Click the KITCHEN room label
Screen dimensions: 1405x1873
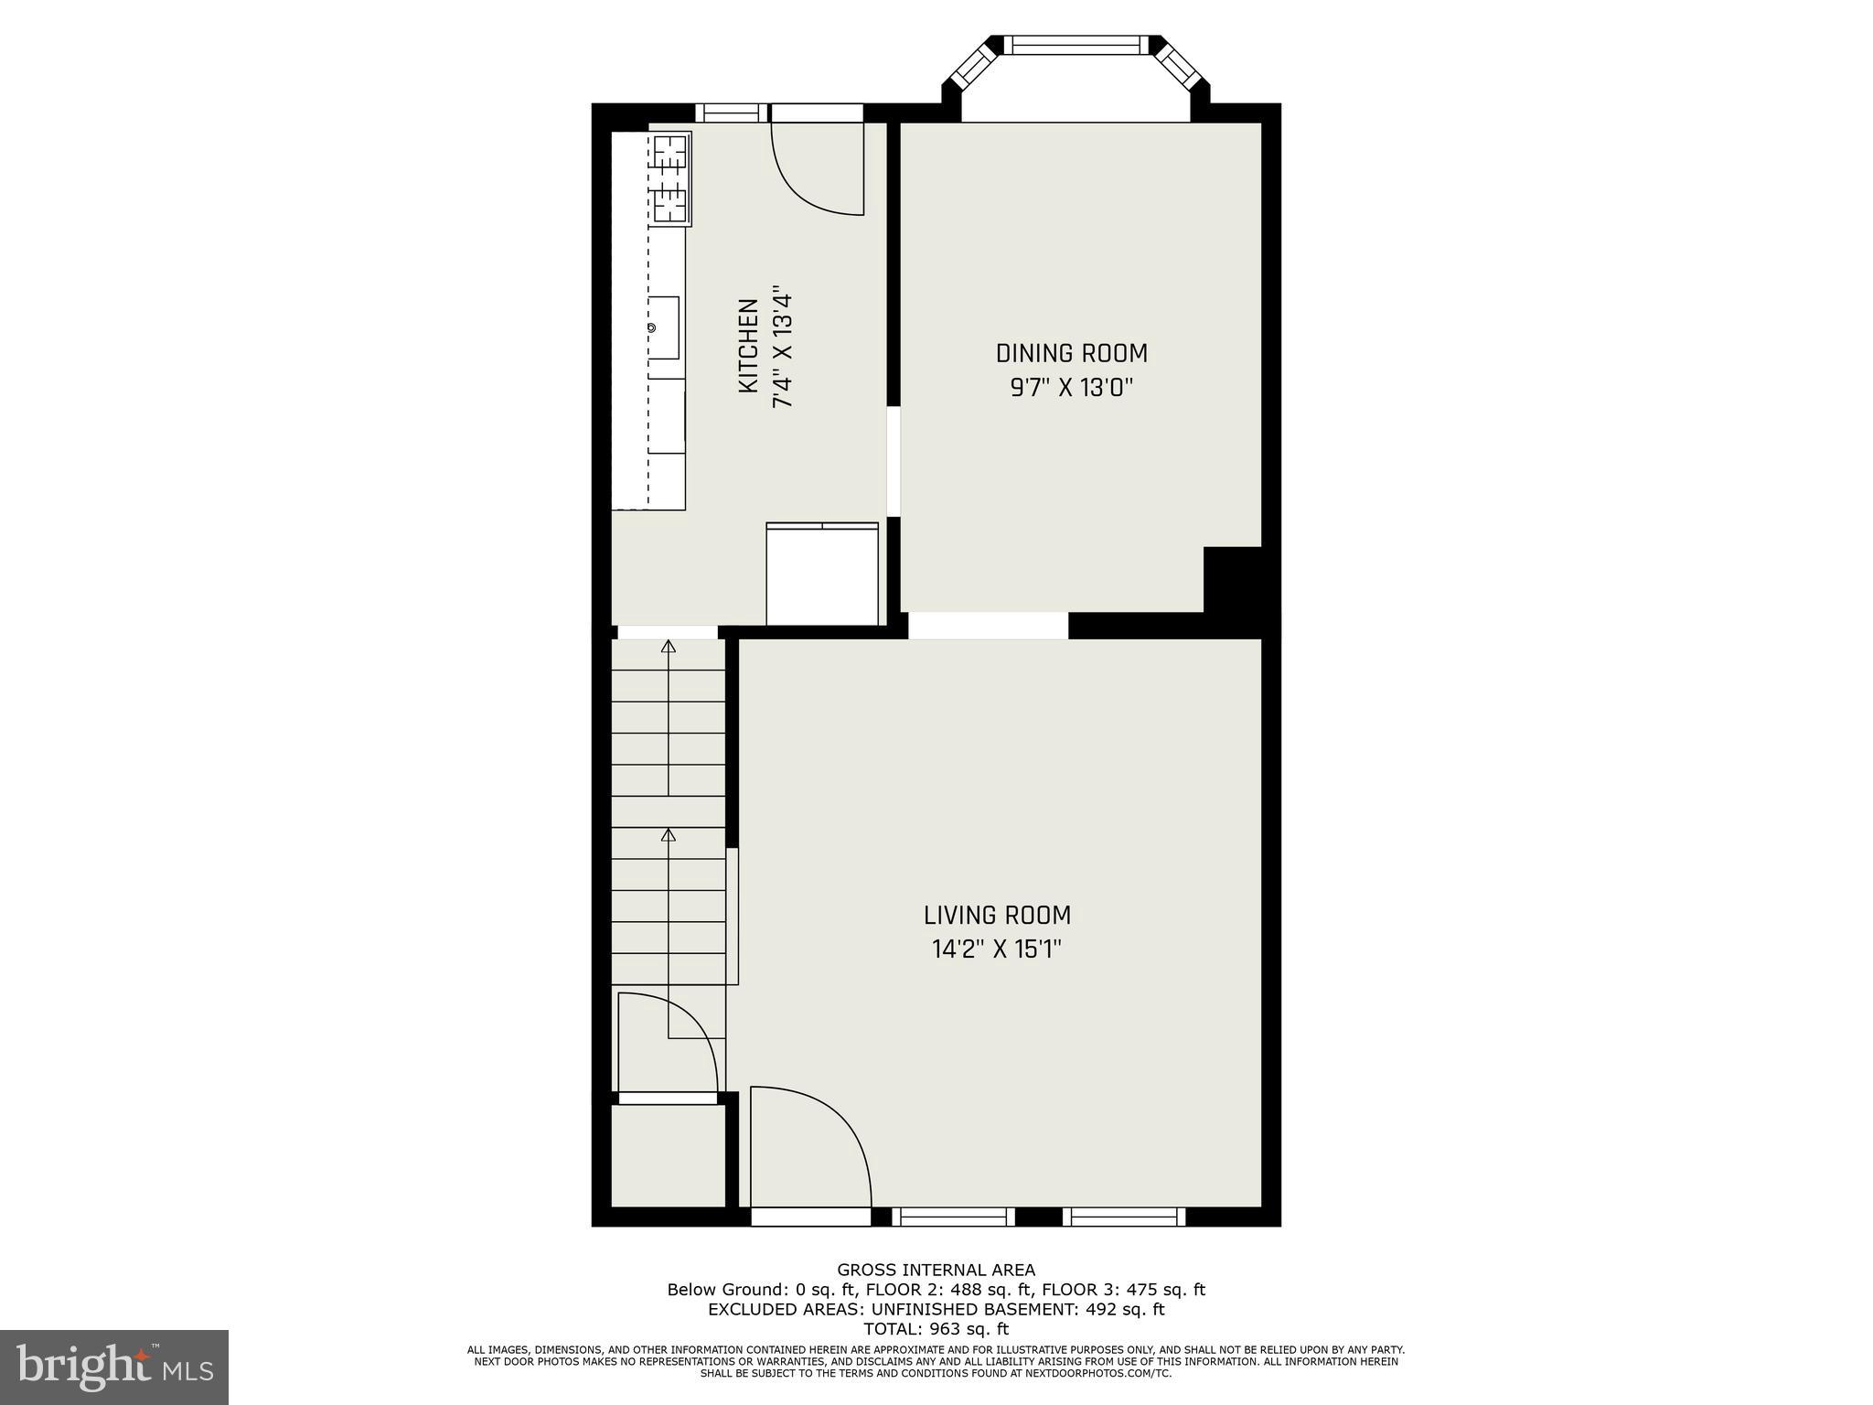tap(748, 346)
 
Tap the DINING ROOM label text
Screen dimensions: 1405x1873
tap(1071, 353)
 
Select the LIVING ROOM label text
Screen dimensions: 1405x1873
tap(997, 915)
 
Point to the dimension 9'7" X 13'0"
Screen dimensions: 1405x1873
tap(1071, 388)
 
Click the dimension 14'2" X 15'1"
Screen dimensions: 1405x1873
tap(997, 949)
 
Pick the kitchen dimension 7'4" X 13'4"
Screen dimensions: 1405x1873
tap(782, 350)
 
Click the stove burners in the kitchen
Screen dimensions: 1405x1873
tap(670, 178)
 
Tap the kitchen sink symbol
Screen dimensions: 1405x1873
tap(664, 327)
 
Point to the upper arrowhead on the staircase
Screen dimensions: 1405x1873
tap(669, 647)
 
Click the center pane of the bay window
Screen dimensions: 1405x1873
tap(1076, 45)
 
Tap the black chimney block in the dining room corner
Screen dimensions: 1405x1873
tap(1232, 580)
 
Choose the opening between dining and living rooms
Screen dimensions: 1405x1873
tap(988, 626)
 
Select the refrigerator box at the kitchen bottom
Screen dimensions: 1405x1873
tap(822, 574)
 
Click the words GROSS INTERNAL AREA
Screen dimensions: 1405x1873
tap(936, 1270)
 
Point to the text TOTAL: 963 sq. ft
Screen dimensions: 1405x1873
tap(936, 1329)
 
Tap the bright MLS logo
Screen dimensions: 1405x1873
tap(114, 1367)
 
